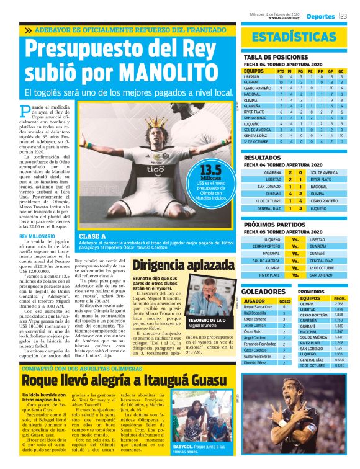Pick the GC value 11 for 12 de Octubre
tap(341, 141)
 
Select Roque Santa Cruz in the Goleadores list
tap(258, 307)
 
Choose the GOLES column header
tap(286, 301)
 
